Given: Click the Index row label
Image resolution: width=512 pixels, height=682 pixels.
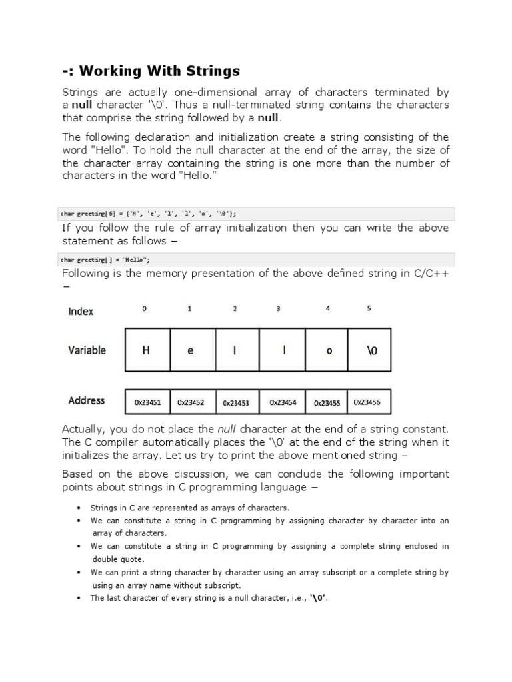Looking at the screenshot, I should (81, 311).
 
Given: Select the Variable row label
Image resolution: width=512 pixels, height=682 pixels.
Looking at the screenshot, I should (87, 350).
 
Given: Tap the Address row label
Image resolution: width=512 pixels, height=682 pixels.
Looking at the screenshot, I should (86, 400).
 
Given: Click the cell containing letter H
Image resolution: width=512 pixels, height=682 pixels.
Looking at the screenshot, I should (147, 350).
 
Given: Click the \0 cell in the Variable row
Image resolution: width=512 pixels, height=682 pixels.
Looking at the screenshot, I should (371, 350).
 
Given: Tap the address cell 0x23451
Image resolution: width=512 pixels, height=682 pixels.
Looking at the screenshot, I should (147, 402).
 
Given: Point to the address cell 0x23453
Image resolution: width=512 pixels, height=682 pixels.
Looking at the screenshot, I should (236, 403).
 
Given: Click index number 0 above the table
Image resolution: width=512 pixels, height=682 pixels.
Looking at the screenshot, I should (145, 309).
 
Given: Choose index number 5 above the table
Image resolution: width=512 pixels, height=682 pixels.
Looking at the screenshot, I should (369, 308).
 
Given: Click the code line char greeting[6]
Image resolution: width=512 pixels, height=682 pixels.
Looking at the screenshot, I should (148, 214).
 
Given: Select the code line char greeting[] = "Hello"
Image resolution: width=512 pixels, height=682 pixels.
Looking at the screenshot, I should (110, 260).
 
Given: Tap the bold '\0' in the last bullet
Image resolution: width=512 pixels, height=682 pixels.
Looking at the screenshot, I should (318, 597).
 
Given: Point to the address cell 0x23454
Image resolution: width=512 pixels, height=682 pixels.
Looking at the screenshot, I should (283, 402).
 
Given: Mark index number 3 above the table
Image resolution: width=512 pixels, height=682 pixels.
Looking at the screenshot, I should (278, 309).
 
